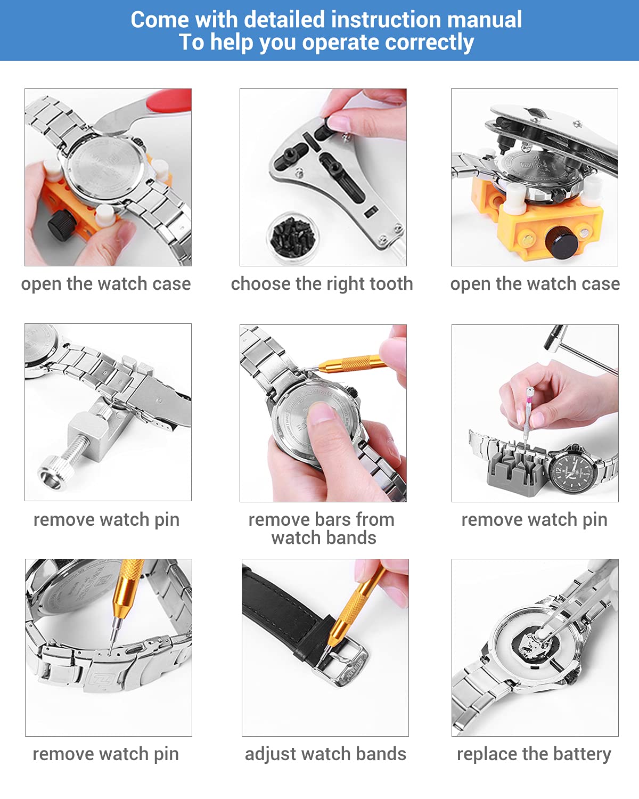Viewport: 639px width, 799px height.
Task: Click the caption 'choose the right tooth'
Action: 322,283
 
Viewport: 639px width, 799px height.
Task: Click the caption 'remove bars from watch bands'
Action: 322,528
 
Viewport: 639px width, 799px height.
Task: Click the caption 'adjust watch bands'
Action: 325,754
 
